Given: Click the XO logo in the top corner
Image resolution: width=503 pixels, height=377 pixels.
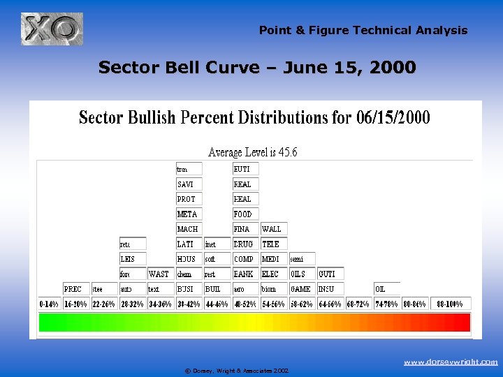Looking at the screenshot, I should [x=52, y=29].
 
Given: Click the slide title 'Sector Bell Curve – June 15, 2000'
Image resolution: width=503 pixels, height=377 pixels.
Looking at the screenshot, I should [x=257, y=68].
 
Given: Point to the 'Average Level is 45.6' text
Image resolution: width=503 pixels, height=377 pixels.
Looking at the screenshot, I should [x=252, y=152].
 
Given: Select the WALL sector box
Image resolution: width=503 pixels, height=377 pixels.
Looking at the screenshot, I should [x=273, y=229].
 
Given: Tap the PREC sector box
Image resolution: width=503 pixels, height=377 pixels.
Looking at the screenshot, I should [x=75, y=288].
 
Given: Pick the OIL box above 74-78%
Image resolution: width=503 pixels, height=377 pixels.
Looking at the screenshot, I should [x=387, y=288].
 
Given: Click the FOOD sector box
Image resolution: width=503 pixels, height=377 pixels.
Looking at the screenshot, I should [x=245, y=214].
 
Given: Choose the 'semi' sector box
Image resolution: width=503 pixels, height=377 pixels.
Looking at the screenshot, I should [x=302, y=259].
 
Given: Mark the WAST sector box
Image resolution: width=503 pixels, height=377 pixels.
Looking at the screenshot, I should [x=160, y=274].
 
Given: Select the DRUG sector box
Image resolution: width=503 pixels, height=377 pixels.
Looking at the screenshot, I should [x=245, y=244].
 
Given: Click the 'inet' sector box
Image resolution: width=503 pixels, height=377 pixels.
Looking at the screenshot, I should [x=217, y=244].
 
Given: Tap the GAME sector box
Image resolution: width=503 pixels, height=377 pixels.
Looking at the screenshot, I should [x=302, y=288].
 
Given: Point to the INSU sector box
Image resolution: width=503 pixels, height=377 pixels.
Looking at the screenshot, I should [x=330, y=288].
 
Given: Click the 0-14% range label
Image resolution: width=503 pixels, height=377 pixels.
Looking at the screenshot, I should [x=50, y=304].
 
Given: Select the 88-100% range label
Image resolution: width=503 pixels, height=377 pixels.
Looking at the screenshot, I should [x=450, y=304].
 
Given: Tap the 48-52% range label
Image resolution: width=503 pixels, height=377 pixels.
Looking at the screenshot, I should [x=245, y=304].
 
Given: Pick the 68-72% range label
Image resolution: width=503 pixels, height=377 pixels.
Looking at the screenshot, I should [x=358, y=304].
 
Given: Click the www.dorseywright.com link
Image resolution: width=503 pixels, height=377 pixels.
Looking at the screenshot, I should [x=451, y=362].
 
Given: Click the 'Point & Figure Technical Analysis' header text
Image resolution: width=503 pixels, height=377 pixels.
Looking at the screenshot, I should [x=363, y=30].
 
